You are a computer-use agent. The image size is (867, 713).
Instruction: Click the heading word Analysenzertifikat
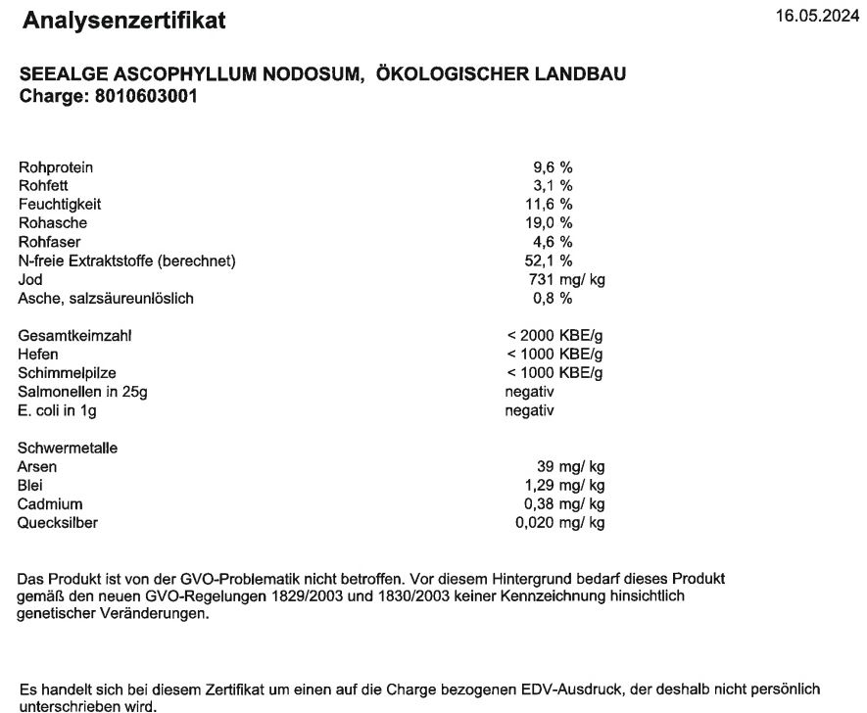[123, 21]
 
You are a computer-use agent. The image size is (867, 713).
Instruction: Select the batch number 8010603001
[146, 98]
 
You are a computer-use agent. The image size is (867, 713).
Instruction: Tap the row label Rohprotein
[56, 167]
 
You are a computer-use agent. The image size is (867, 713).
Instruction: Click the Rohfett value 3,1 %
[552, 186]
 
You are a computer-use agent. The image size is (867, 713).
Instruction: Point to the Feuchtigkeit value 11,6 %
[549, 205]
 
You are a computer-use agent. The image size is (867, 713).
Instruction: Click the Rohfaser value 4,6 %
[552, 242]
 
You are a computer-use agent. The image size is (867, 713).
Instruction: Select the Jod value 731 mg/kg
[567, 280]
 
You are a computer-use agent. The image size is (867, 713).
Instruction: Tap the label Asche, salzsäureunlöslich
[105, 299]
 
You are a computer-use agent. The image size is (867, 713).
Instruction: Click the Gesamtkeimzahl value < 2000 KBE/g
[554, 336]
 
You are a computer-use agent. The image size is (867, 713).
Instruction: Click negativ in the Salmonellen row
[529, 392]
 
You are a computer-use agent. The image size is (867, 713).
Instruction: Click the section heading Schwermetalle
[67, 448]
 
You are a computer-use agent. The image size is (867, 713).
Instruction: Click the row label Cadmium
[51, 503]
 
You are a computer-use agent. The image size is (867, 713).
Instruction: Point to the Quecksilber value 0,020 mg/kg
[559, 522]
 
